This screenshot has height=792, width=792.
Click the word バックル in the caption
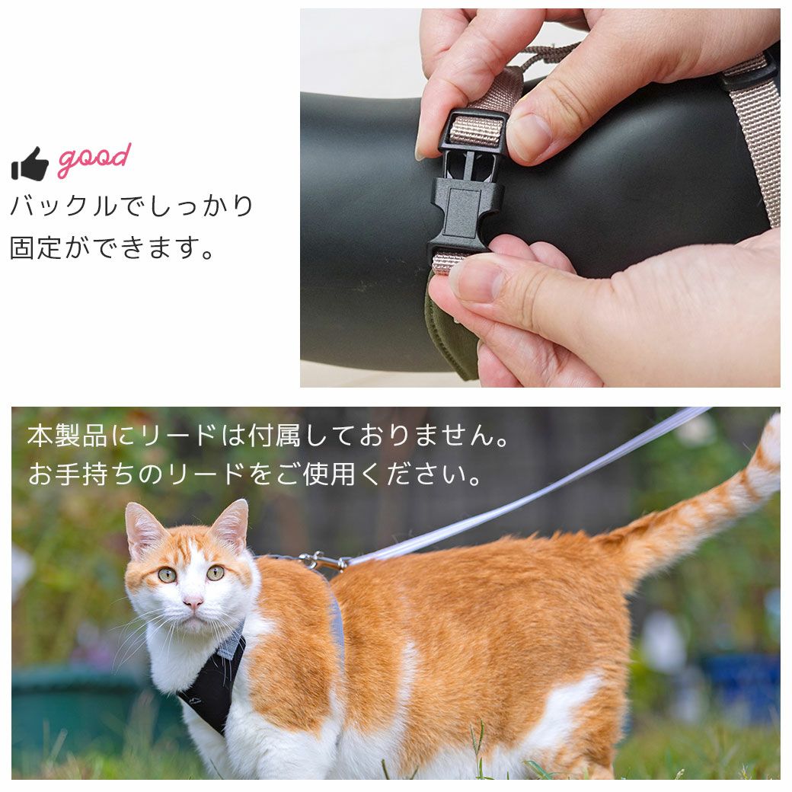[64, 206]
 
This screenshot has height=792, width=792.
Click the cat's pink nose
[193, 601]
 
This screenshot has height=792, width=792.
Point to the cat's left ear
[142, 528]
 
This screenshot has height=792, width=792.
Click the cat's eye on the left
[168, 575]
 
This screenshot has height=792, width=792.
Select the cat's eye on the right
[216, 572]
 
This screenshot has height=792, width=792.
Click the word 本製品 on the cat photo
[67, 436]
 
